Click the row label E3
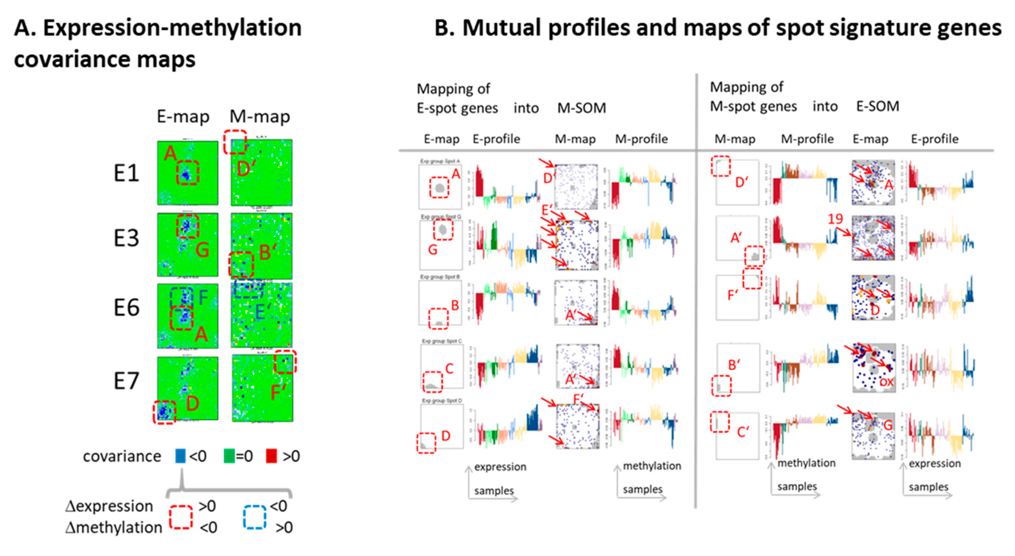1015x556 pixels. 127,238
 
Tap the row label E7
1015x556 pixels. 127,381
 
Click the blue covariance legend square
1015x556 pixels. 180,456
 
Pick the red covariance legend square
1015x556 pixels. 271,456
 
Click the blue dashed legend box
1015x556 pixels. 254,516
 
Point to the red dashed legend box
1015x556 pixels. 181,516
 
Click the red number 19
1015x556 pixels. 835,219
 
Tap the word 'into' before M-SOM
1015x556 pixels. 526,108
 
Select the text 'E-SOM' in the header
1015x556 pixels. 878,106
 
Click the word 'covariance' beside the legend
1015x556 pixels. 122,456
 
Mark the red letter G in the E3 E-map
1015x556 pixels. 202,250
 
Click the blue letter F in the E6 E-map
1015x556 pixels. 203,297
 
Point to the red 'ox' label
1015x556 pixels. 886,382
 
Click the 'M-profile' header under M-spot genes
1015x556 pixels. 807,139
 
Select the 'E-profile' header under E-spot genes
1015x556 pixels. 496,139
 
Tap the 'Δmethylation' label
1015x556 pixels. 113,528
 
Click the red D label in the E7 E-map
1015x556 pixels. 192,403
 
